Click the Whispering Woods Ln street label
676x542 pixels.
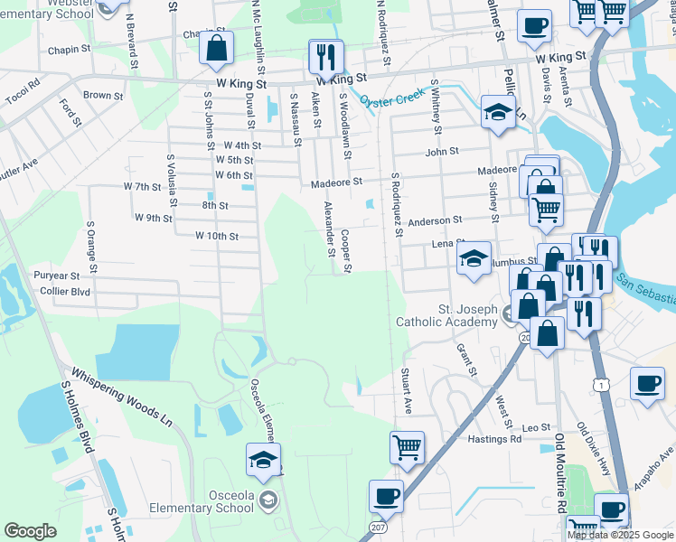pos(121,396)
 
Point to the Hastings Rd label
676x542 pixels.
pos(495,439)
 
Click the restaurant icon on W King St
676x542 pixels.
pos(323,57)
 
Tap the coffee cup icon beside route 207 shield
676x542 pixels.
pos(386,496)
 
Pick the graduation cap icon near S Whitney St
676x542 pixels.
pos(496,112)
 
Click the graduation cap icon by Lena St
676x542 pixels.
pos(474,258)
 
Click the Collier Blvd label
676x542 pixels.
pos(66,292)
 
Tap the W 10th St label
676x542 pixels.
pos(216,237)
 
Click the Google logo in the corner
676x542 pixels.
pos(30,531)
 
